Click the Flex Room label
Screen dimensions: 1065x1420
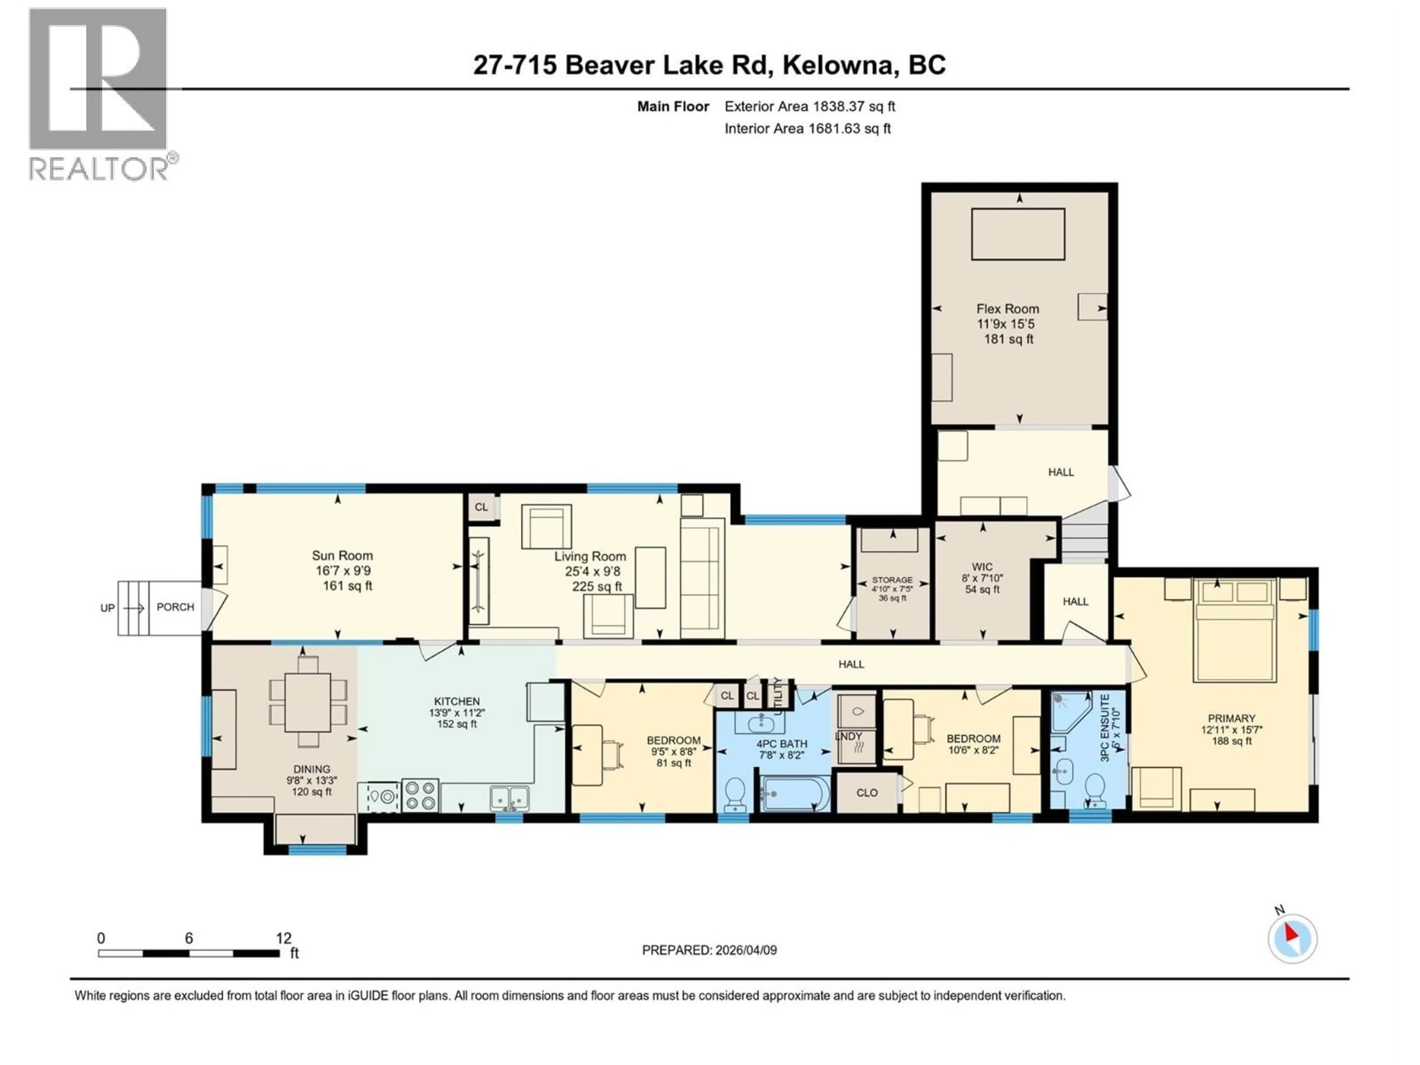[1007, 309]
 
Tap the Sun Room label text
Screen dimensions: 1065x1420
[342, 556]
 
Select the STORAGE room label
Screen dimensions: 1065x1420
[892, 580]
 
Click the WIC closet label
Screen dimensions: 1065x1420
[982, 567]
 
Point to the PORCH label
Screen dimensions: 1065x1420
[175, 607]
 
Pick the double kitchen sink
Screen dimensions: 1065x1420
[510, 798]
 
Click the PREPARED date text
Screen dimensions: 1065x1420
[709, 950]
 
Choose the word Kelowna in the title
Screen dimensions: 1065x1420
[837, 65]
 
